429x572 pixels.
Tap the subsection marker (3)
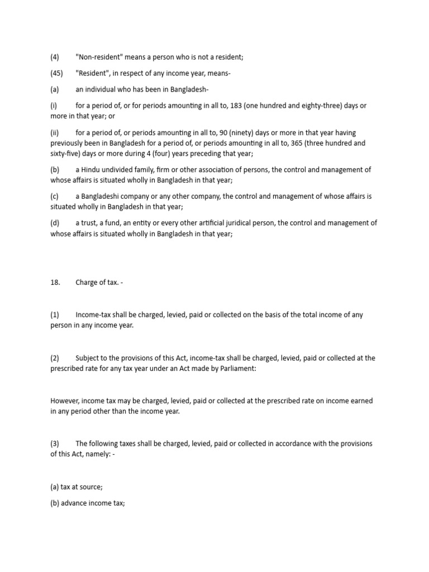tap(55, 444)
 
